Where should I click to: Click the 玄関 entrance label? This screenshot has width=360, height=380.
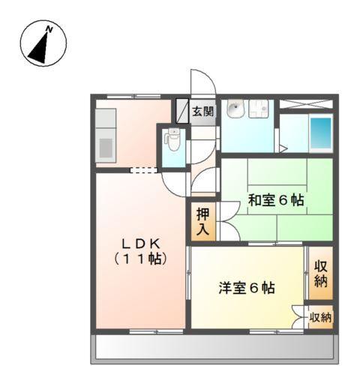[202, 112]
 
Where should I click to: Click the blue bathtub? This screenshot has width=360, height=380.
[320, 133]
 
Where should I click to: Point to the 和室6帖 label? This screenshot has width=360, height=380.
[276, 200]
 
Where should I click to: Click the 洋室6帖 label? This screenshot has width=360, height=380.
[246, 286]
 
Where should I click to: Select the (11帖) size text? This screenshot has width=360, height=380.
[140, 259]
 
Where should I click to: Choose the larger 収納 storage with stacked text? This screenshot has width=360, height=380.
[320, 273]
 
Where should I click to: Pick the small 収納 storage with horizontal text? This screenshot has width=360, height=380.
[320, 318]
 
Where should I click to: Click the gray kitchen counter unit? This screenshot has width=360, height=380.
[105, 135]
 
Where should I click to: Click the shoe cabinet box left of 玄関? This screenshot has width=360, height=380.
[181, 110]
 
